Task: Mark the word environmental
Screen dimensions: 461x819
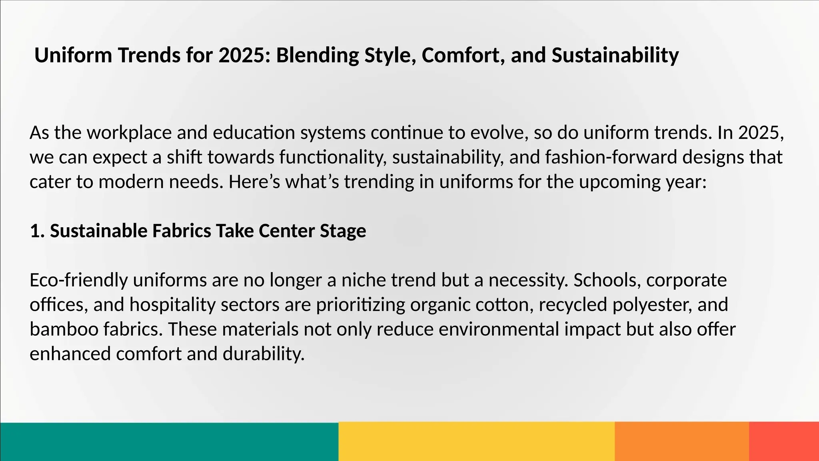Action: (499, 330)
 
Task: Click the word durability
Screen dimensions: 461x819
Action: (264, 354)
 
